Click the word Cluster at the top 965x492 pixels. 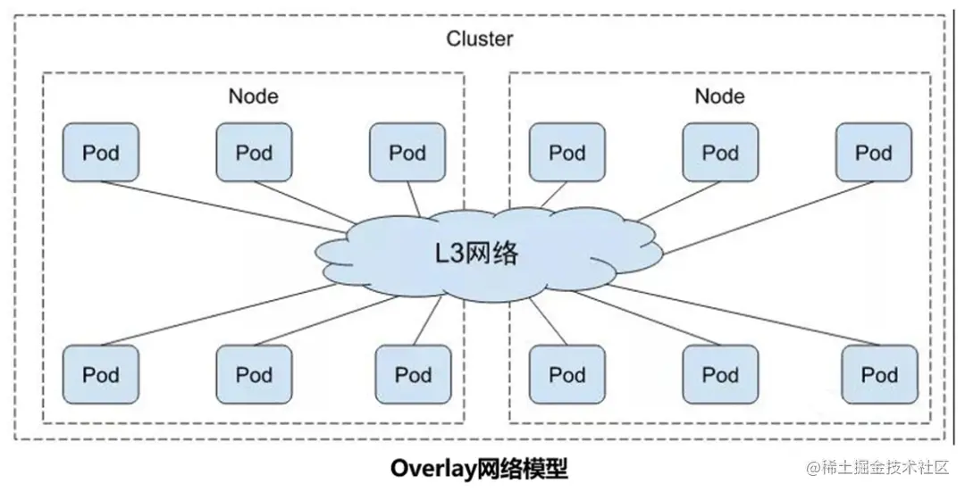click(480, 39)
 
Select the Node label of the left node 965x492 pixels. click(253, 96)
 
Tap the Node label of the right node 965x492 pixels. click(719, 96)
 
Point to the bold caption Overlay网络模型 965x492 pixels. click(479, 469)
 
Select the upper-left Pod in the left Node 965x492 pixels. click(100, 153)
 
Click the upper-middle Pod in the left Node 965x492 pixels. click(254, 153)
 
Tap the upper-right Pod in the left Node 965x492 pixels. click(407, 153)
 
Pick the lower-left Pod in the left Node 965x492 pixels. click(100, 374)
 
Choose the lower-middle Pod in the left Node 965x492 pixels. click(254, 374)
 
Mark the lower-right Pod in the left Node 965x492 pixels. click(413, 374)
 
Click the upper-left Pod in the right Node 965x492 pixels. click(566, 153)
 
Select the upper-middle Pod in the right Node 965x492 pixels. click(720, 153)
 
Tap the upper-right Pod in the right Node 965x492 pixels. click(873, 153)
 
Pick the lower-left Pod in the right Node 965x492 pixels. click(566, 374)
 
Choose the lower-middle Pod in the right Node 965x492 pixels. click(720, 374)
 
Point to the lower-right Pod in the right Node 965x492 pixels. click(879, 374)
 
